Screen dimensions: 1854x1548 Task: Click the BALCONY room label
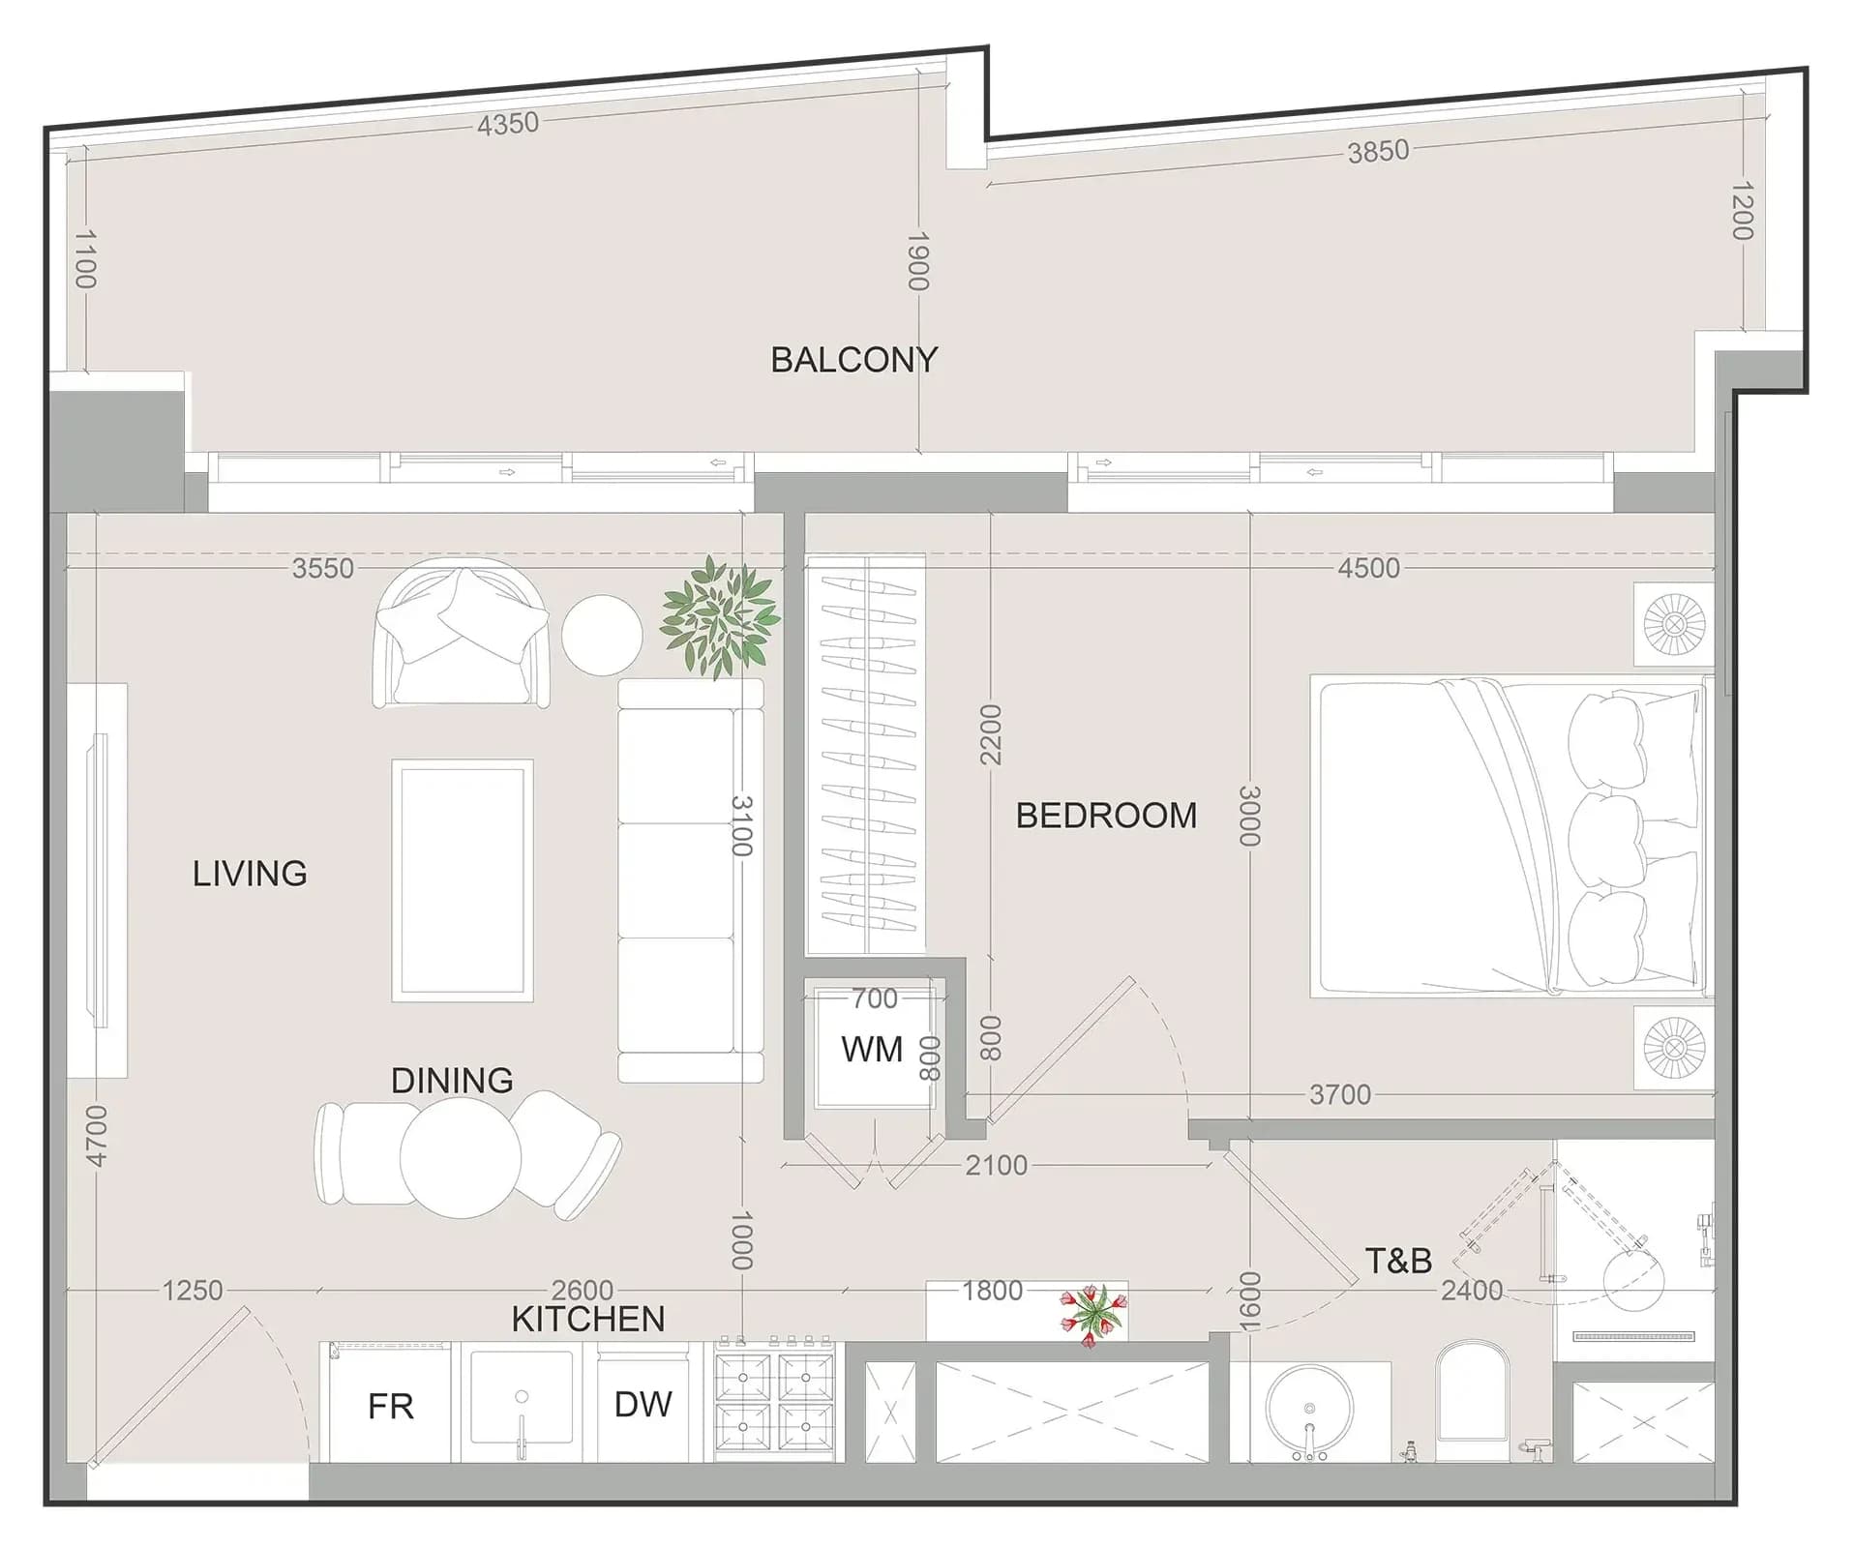853,360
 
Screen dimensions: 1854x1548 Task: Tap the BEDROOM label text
1106,816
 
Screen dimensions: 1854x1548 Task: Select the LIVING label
250,874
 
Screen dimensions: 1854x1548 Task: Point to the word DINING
452,1080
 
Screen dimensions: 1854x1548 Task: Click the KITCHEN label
588,1319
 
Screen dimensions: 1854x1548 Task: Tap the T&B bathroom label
1398,1261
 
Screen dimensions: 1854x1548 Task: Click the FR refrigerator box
391,1404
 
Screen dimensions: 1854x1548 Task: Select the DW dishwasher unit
643,1403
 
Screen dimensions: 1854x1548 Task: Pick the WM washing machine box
873,1049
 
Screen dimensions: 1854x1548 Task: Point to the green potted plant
720,616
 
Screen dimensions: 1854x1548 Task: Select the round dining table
461,1157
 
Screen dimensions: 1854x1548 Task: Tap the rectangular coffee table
463,880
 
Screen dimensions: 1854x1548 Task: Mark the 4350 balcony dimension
508,124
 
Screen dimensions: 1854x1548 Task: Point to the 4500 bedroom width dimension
1368,568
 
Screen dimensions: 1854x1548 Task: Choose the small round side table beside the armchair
602,635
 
